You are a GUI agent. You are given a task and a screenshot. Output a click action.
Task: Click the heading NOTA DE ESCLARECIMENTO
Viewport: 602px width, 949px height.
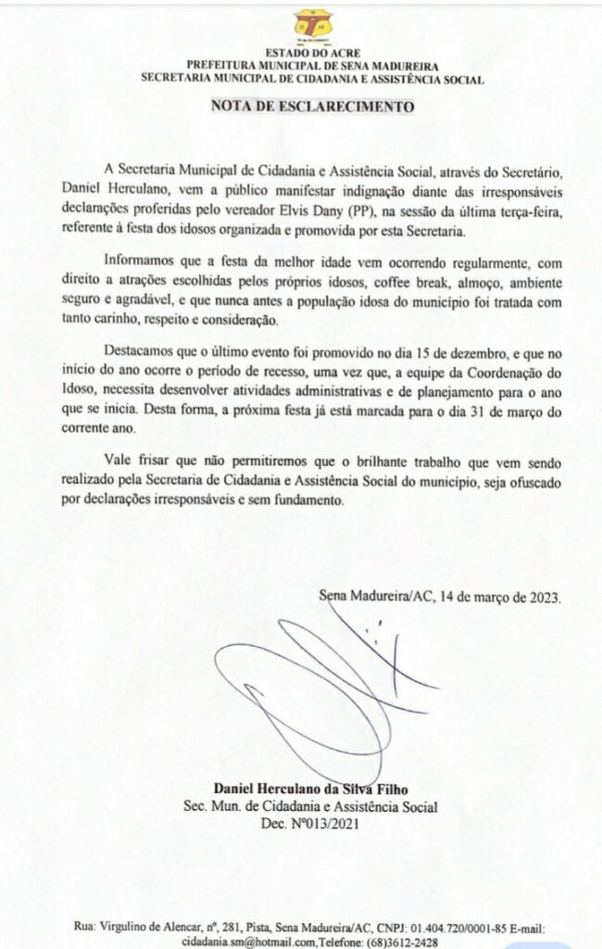[312, 106]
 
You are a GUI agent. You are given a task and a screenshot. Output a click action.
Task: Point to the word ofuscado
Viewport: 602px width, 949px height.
[532, 483]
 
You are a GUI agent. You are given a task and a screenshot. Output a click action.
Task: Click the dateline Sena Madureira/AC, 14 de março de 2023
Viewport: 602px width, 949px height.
[439, 597]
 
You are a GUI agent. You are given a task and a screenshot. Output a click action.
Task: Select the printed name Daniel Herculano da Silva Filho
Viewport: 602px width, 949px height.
[312, 789]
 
